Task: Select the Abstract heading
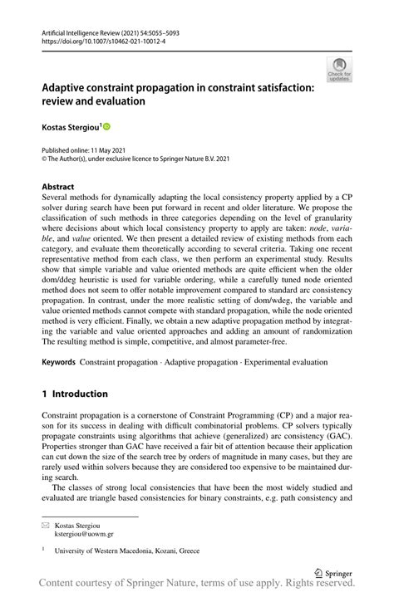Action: tap(57, 188)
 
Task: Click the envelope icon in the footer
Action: tap(46, 526)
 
